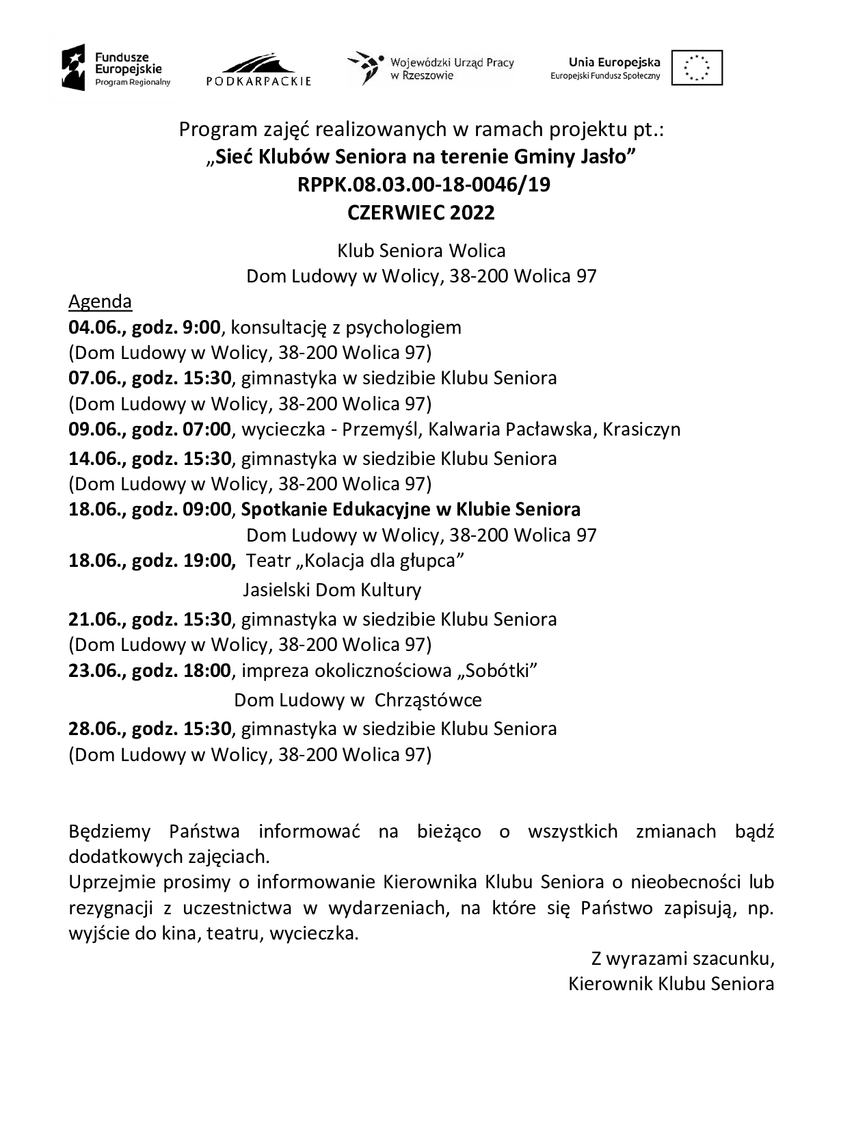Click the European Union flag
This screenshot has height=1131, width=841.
coord(697,68)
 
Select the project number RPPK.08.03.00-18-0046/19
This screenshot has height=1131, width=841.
coord(424,185)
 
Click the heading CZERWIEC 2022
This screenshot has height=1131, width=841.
coord(420,213)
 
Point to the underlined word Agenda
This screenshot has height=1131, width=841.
coord(100,302)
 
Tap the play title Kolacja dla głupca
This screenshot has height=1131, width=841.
coord(379,561)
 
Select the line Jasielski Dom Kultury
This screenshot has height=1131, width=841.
coord(332,589)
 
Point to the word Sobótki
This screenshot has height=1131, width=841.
coord(496,671)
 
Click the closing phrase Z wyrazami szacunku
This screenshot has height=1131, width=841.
coord(682,959)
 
